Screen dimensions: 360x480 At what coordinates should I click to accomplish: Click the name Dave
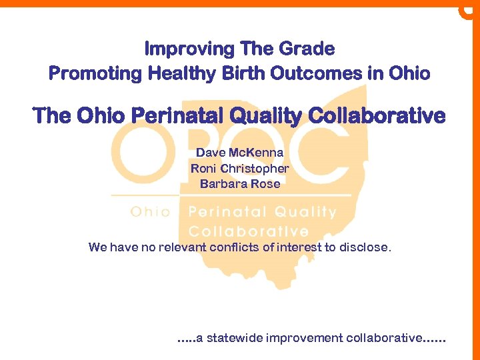point(210,153)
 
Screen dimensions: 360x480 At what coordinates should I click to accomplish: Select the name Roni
point(204,169)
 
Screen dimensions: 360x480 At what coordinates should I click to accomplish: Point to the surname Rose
point(266,184)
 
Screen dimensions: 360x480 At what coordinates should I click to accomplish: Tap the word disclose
point(364,247)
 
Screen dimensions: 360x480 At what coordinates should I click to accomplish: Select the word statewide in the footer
point(234,339)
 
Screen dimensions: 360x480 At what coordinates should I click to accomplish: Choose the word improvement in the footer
point(305,339)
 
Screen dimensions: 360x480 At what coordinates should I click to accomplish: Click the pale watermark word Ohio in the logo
point(150,212)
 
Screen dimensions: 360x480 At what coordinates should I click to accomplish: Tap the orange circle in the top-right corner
point(469,10)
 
